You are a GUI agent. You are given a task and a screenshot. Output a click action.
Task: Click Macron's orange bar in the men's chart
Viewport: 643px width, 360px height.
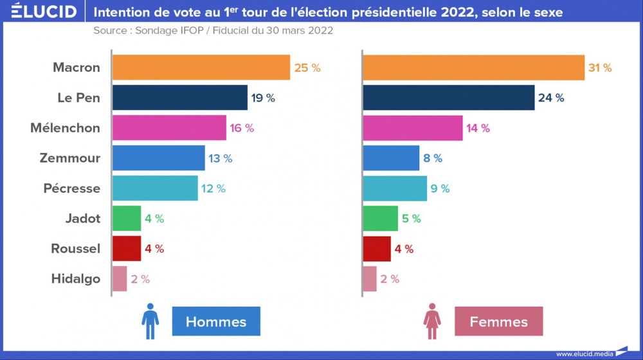pos(201,67)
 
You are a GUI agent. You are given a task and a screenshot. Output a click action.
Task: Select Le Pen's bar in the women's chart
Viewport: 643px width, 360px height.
pos(449,98)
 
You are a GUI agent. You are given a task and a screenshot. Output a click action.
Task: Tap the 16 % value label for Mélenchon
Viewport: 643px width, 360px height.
pos(242,128)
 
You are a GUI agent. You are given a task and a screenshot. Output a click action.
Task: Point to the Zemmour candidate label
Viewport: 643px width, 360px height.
pos(69,158)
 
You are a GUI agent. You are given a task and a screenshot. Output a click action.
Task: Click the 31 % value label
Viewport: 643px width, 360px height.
pos(599,67)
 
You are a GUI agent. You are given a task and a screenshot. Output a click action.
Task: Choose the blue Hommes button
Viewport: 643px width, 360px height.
pos(216,321)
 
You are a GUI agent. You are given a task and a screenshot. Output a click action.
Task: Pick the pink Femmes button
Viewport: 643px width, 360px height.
pos(498,321)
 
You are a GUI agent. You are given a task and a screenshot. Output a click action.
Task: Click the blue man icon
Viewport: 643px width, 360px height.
pos(150,321)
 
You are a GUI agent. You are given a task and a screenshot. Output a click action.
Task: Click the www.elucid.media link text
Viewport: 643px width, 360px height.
pos(584,354)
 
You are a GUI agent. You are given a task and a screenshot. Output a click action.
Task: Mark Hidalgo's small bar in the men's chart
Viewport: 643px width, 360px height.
pos(120,278)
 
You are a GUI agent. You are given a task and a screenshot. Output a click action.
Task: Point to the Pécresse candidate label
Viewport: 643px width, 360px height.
pos(72,188)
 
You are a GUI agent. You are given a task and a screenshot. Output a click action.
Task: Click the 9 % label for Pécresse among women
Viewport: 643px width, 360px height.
pos(440,188)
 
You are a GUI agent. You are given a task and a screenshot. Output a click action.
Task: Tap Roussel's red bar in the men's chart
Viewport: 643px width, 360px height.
pos(127,249)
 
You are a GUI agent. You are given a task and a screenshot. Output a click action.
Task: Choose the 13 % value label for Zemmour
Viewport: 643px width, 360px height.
pos(220,158)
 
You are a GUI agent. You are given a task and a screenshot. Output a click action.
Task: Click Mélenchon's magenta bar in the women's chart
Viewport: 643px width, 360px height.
pos(413,128)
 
